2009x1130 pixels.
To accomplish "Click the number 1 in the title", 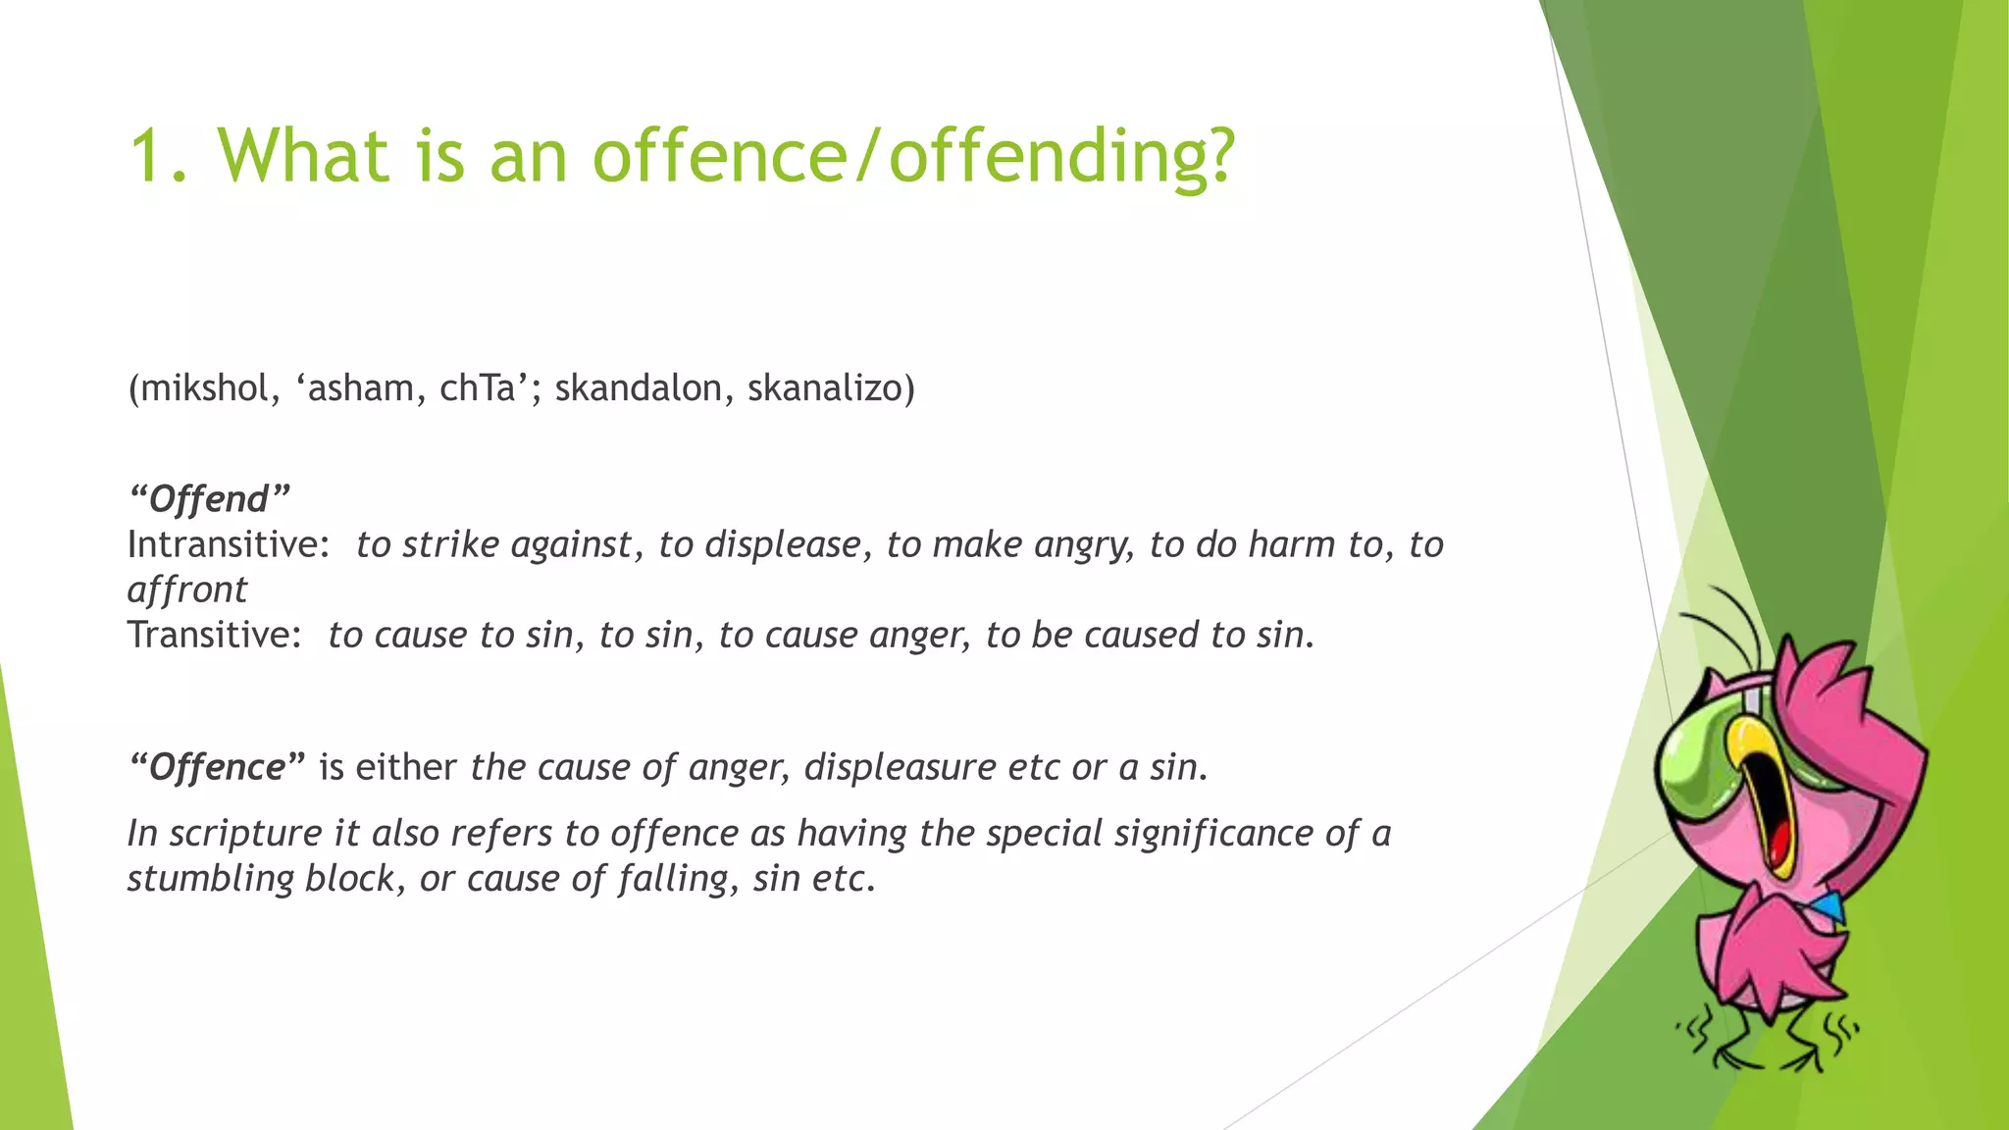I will (x=147, y=157).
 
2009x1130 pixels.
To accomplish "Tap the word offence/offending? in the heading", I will (x=912, y=157).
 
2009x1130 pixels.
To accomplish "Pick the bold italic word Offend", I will (x=209, y=499).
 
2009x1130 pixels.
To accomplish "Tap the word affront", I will (x=187, y=590).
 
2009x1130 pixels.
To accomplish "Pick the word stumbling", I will (x=210, y=878).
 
